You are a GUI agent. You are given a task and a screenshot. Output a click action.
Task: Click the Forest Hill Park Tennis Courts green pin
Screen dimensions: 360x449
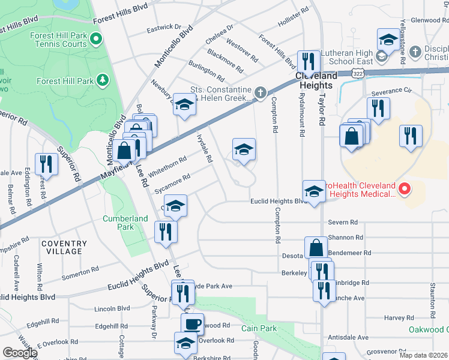pyautogui.click(x=97, y=40)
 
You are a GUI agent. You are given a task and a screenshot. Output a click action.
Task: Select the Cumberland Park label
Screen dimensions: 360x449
pyautogui.click(x=125, y=223)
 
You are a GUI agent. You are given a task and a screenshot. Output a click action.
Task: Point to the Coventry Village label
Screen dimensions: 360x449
pyautogui.click(x=64, y=247)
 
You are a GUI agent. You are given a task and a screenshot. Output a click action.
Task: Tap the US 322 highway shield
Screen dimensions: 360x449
pyautogui.click(x=358, y=73)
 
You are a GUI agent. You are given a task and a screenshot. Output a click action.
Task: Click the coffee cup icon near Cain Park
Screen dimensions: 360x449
pyautogui.click(x=192, y=324)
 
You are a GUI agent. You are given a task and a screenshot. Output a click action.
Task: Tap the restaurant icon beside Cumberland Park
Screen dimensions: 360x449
pyautogui.click(x=166, y=232)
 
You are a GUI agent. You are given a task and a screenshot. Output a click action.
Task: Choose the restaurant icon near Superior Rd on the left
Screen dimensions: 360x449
pyautogui.click(x=46, y=164)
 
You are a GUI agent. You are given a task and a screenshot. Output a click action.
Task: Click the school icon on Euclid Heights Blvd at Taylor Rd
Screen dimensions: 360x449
pyautogui.click(x=313, y=191)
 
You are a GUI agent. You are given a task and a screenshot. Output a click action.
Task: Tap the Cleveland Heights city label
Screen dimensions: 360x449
pyautogui.click(x=316, y=76)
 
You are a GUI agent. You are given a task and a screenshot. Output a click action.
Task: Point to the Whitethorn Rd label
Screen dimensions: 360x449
pyautogui.click(x=171, y=162)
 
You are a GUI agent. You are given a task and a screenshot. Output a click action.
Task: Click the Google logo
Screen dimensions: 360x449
pyautogui.click(x=19, y=353)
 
